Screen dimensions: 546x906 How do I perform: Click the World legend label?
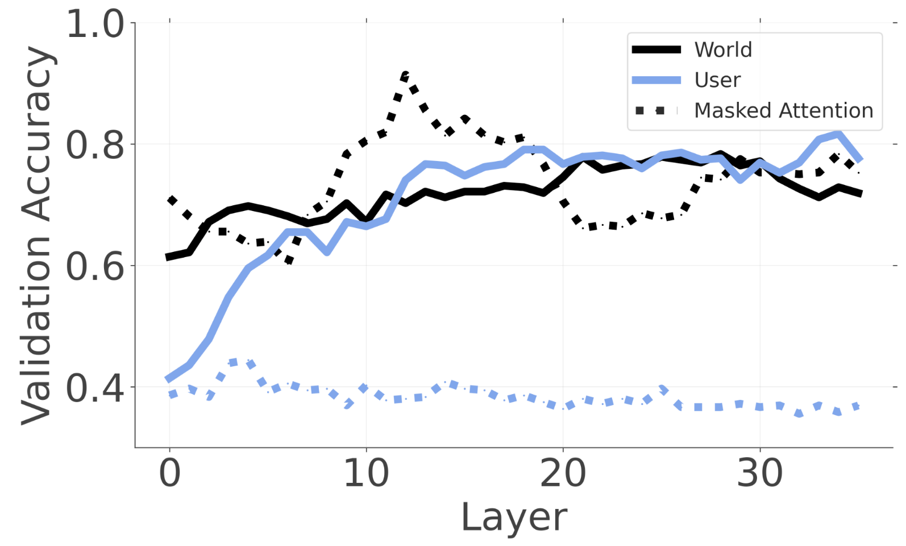coord(723,50)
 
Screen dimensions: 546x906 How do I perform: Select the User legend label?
coord(717,80)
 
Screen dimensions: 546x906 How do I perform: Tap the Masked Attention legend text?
coord(783,110)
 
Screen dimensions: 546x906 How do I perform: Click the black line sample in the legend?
coord(656,50)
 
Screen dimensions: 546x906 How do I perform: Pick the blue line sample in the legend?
coord(656,80)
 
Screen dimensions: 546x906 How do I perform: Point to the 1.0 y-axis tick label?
coord(95,24)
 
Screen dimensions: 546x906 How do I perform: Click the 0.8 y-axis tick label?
coord(95,145)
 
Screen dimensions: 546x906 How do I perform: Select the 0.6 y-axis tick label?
coord(95,266)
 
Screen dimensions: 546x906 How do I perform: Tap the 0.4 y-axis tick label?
coord(95,388)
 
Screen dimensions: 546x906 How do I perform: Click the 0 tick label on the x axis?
coord(169,473)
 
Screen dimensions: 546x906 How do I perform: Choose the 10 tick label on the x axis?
coord(366,473)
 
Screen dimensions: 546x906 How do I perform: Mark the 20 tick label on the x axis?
coord(563,473)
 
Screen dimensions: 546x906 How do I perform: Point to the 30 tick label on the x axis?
coord(759,473)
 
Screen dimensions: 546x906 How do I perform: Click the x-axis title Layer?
coord(513,518)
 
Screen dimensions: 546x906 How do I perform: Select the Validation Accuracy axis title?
coord(38,235)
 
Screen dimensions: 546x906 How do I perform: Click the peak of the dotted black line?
coord(405,75)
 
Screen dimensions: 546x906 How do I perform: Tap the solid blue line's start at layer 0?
coord(169,379)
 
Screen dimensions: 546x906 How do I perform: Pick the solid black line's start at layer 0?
coord(169,257)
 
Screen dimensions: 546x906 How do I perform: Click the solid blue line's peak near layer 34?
coord(838,134)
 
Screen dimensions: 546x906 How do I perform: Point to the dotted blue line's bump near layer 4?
coord(242,362)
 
